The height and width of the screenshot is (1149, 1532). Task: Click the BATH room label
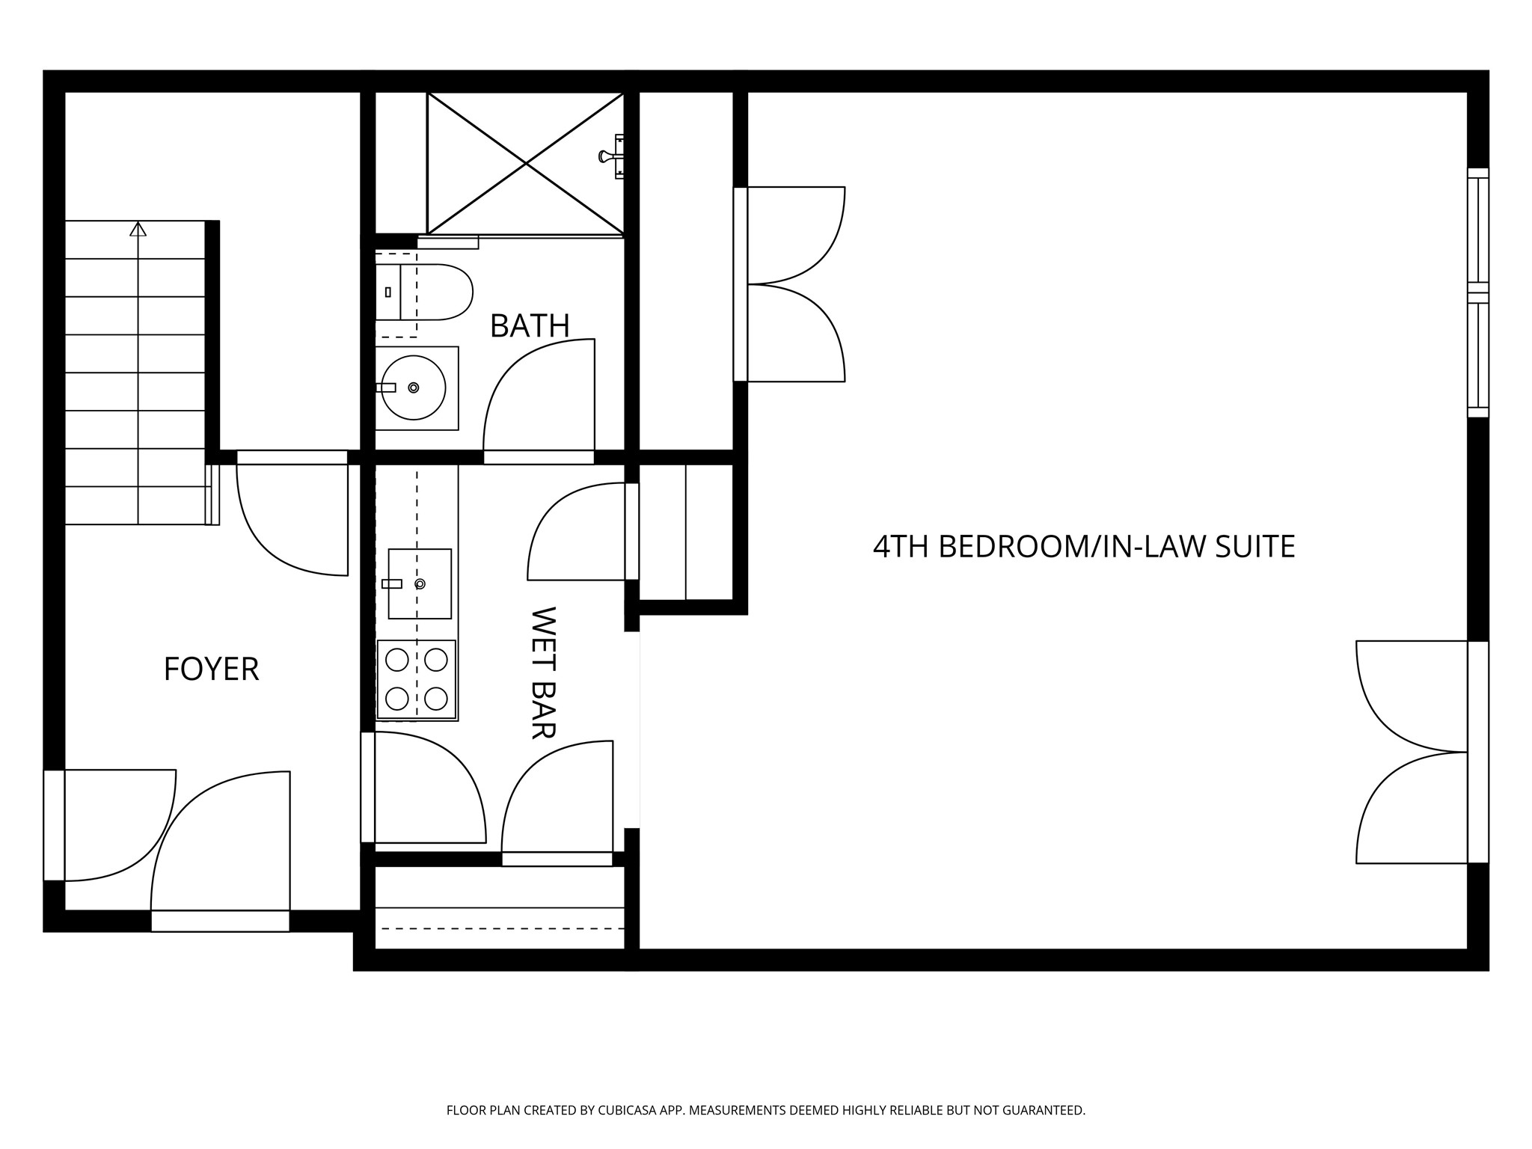pyautogui.click(x=530, y=326)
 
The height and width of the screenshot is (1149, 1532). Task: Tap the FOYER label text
pyautogui.click(x=211, y=669)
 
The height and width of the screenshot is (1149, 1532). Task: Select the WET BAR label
pyautogui.click(x=543, y=672)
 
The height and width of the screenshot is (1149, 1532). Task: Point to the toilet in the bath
pyautogui.click(x=434, y=292)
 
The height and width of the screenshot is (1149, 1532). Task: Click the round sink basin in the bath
pyautogui.click(x=414, y=387)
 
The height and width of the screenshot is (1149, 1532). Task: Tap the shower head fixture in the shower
pyautogui.click(x=607, y=156)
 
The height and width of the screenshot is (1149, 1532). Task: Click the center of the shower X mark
pyautogui.click(x=527, y=163)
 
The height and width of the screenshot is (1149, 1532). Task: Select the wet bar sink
pyautogui.click(x=420, y=583)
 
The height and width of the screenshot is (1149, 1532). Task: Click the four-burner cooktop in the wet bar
pyautogui.click(x=417, y=679)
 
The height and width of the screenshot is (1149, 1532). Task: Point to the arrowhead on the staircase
pyautogui.click(x=138, y=228)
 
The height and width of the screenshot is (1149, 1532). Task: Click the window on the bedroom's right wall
pyautogui.click(x=1477, y=292)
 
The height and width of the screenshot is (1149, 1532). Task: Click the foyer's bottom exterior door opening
pyautogui.click(x=220, y=921)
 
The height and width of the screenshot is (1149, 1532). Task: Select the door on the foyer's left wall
pyautogui.click(x=54, y=825)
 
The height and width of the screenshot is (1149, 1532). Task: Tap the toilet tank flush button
pyautogui.click(x=387, y=292)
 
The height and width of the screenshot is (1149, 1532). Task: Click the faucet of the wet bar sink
pyautogui.click(x=392, y=583)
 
